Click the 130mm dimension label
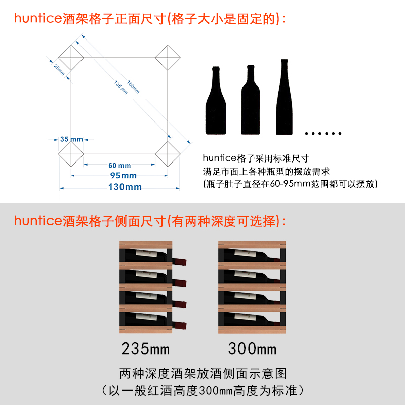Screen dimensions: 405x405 click(125, 188)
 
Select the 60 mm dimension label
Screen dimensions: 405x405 click(119, 165)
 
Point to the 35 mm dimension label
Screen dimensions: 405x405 click(71, 139)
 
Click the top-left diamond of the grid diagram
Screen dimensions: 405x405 click(71, 57)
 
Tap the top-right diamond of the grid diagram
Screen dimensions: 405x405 click(168, 57)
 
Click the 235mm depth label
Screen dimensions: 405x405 click(145, 349)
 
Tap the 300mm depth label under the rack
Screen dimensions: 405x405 click(252, 349)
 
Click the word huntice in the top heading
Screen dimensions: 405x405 click(38, 19)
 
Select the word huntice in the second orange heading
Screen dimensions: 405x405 click(38, 221)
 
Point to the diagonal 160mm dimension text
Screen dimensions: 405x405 click(133, 87)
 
